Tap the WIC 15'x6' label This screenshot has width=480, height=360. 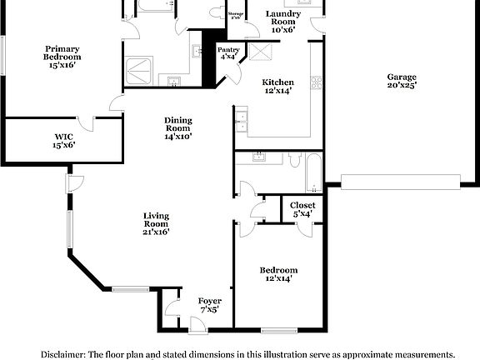point(64,141)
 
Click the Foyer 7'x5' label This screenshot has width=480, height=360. point(209,304)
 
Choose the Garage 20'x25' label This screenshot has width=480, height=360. point(401,81)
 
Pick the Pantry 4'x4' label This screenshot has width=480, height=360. point(228,53)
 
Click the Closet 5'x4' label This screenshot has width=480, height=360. point(302,209)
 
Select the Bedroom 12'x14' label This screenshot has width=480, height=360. point(277,275)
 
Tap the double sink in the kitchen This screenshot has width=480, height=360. point(243,125)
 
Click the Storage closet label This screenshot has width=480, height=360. point(237,15)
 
